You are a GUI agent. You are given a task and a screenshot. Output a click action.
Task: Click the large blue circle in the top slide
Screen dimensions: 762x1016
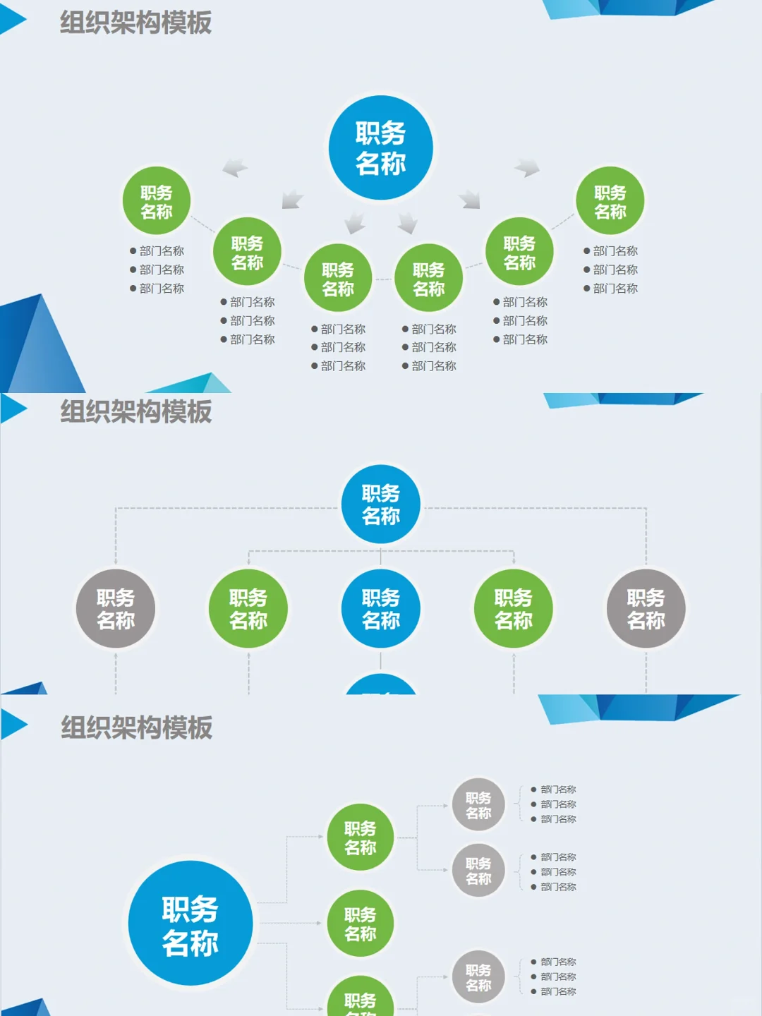381,148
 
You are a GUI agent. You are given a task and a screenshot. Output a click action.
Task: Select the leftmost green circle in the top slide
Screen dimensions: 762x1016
157,202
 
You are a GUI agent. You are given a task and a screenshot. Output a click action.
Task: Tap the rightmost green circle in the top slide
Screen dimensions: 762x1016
610,202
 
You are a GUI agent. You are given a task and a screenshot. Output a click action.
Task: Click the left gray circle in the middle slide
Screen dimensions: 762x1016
116,609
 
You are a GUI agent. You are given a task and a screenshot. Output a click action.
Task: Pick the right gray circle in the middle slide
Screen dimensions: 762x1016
646,609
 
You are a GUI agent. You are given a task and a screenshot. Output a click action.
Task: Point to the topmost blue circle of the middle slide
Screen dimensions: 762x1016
381,504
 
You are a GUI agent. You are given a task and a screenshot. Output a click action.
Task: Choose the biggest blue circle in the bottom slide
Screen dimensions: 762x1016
190,924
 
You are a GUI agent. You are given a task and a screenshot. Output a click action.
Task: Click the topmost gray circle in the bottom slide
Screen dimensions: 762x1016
478,805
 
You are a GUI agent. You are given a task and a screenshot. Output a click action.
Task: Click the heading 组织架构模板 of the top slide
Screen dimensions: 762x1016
135,23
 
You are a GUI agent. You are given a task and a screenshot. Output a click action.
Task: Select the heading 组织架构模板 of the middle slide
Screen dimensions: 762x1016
135,411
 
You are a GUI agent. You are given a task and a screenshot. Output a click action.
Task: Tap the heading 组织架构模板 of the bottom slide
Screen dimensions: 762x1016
136,727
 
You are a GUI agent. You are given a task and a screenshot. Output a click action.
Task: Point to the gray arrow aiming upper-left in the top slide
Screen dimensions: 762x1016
235,168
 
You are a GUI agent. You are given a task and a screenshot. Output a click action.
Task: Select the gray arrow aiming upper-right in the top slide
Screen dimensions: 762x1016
528,168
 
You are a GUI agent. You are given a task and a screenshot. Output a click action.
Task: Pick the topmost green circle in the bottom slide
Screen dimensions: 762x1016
360,837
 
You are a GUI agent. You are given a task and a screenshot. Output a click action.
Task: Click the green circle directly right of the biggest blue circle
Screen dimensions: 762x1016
360,924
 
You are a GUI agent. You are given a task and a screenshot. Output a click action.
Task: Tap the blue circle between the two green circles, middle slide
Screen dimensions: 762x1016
381,609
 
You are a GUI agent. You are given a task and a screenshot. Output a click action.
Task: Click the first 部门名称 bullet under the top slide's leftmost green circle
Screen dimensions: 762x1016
161,251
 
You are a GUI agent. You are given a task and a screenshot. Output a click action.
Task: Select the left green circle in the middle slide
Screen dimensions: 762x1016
248,609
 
